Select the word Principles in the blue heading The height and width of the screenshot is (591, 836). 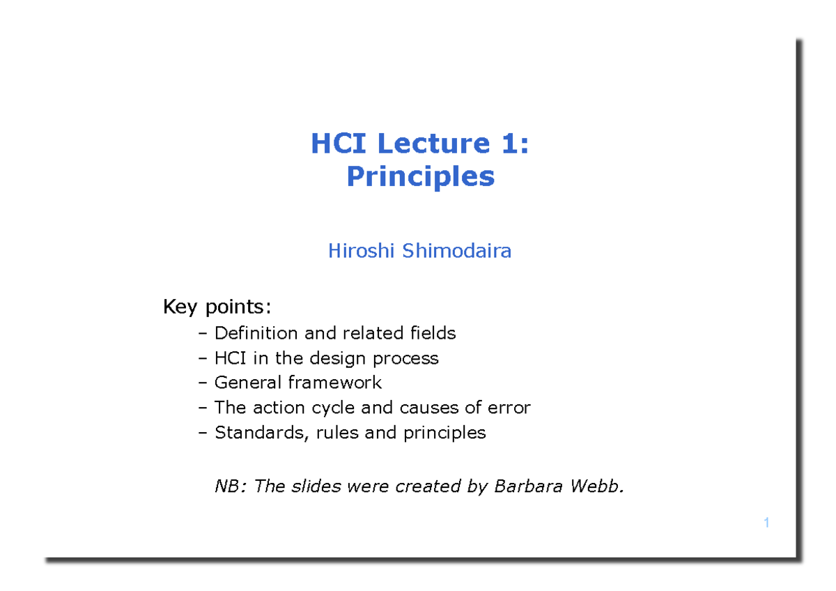pyautogui.click(x=420, y=176)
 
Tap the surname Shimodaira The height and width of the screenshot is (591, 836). pyautogui.click(x=456, y=251)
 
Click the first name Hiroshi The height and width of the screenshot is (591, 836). pyautogui.click(x=362, y=251)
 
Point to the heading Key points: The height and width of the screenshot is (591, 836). pyautogui.click(x=217, y=307)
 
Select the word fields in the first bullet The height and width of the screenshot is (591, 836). pyautogui.click(x=433, y=333)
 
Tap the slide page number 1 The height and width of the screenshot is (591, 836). pyautogui.click(x=766, y=523)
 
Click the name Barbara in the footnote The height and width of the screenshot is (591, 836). pyautogui.click(x=526, y=486)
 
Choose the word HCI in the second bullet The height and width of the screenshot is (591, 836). pyautogui.click(x=230, y=358)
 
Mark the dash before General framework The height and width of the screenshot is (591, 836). pyautogui.click(x=203, y=383)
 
